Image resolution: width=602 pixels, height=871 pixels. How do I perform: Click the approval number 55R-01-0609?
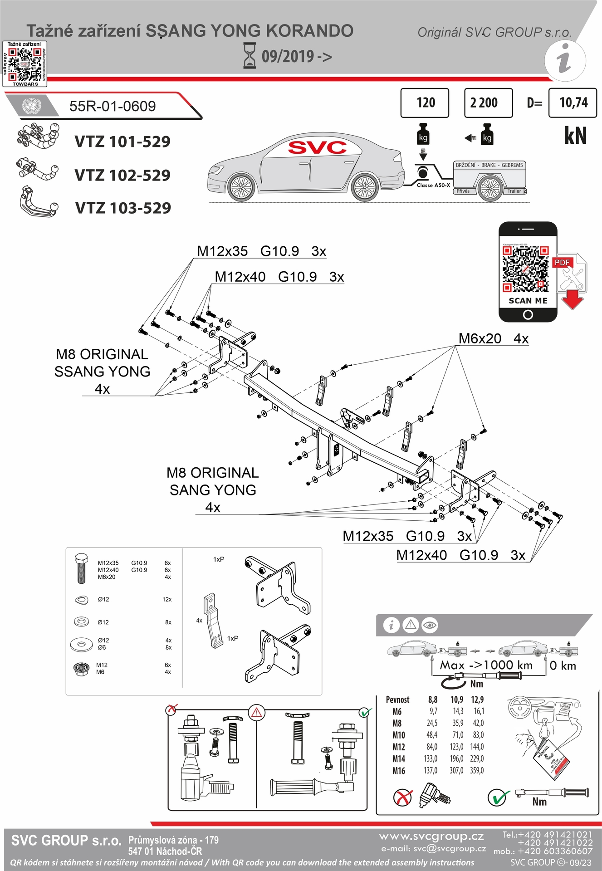click(x=112, y=106)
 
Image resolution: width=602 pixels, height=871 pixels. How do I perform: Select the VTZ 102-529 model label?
click(x=122, y=175)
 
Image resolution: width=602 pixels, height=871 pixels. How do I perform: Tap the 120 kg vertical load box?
click(x=425, y=103)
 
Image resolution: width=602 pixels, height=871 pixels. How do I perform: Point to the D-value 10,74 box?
click(x=573, y=103)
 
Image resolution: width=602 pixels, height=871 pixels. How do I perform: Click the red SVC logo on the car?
click(x=317, y=147)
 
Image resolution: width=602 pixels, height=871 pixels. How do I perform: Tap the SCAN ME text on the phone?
click(x=528, y=301)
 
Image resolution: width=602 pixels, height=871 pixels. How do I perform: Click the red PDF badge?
click(x=562, y=262)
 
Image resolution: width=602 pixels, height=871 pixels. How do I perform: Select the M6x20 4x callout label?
click(x=493, y=338)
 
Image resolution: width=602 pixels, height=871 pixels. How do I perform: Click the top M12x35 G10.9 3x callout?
click(x=261, y=251)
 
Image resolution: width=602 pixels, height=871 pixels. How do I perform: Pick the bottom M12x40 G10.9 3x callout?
click(x=460, y=555)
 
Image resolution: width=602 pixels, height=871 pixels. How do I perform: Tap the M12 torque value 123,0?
click(x=456, y=747)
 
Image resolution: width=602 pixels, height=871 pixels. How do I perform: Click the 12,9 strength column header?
click(x=477, y=700)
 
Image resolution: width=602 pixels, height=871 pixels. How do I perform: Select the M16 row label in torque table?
click(x=398, y=770)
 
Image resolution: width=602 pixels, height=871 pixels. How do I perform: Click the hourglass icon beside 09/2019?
click(x=250, y=55)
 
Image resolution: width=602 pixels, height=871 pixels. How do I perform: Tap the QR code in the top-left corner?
click(x=25, y=64)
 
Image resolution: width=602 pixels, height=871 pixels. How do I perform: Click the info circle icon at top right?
click(x=565, y=60)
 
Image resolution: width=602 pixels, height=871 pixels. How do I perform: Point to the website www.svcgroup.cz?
click(x=431, y=836)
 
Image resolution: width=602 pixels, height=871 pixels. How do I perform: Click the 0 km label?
click(x=563, y=665)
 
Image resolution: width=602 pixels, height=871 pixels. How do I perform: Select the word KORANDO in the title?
click(x=309, y=31)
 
